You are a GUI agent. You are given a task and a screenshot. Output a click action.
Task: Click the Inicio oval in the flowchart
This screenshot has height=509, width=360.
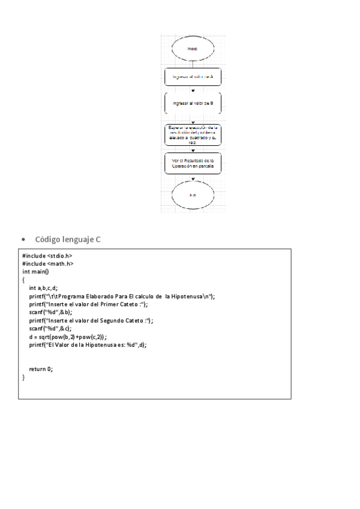click(192, 48)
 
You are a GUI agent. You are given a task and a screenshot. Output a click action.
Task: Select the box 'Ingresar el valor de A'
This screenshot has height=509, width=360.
click(193, 77)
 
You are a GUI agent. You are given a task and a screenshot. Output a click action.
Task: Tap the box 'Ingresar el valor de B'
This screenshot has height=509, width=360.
click(193, 103)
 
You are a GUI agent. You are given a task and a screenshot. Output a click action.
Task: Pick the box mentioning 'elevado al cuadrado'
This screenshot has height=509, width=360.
click(193, 134)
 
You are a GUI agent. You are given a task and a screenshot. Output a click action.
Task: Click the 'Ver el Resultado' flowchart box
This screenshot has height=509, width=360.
click(193, 163)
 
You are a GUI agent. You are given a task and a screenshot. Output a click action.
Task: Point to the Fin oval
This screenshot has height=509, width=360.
click(193, 196)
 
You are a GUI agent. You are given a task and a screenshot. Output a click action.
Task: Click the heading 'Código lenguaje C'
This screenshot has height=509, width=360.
click(68, 239)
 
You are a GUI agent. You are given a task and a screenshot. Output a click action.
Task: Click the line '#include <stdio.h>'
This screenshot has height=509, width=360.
click(47, 255)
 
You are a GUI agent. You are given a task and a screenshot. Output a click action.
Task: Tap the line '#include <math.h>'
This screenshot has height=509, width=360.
click(48, 263)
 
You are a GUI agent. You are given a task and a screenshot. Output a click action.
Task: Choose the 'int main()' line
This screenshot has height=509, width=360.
click(35, 271)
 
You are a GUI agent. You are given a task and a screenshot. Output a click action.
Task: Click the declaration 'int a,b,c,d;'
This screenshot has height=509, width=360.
click(43, 288)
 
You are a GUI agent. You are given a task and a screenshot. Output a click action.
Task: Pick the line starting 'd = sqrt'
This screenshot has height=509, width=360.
click(68, 337)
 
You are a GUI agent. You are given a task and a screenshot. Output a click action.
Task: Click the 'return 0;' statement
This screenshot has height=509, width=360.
click(41, 369)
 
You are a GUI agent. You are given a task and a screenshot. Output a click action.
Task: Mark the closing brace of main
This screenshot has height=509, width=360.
click(24, 378)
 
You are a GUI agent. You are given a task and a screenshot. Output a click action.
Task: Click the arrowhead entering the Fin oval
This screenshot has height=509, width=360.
click(193, 179)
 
